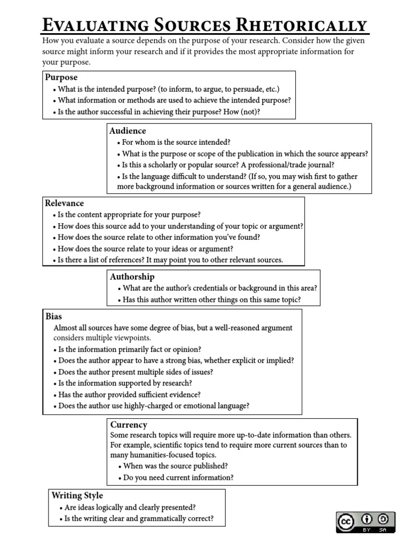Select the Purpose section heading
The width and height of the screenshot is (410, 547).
click(61, 77)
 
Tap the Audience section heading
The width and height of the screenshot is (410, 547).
click(128, 130)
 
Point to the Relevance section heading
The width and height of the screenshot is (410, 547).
click(65, 203)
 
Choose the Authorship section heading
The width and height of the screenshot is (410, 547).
click(132, 276)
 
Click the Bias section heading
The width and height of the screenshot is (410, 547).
click(54, 316)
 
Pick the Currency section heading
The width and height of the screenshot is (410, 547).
click(129, 425)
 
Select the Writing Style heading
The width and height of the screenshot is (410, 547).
click(77, 495)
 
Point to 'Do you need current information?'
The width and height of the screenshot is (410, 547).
click(178, 478)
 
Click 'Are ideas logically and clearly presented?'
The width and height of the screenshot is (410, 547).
click(129, 507)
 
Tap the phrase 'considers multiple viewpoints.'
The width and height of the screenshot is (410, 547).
click(102, 338)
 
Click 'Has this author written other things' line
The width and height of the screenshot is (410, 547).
click(211, 300)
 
